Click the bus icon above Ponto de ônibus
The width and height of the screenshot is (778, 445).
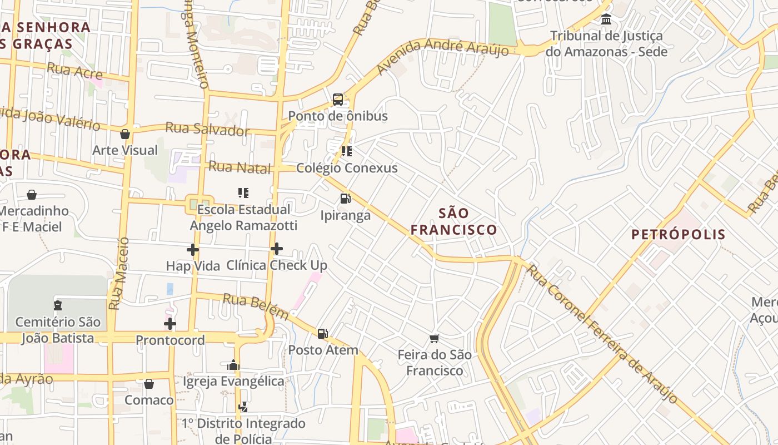pos(337,100)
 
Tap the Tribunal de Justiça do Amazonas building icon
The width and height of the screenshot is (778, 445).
pos(606,19)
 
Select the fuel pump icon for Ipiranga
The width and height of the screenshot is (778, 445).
pos(345,199)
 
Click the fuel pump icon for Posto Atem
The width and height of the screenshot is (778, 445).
pos(323,334)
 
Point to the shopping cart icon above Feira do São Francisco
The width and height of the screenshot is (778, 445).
pos(435,338)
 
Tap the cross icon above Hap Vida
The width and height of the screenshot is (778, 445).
pos(193,250)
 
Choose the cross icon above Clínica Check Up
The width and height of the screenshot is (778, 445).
pos(277,249)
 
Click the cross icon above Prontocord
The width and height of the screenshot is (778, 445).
pos(170,324)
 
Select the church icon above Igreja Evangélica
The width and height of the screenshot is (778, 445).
pos(233,365)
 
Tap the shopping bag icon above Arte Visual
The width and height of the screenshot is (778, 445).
pos(125,134)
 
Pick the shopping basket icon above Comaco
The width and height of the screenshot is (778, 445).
pos(149,384)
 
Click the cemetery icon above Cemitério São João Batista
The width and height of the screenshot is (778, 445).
pos(58,305)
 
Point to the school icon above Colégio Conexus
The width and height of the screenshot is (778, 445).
pos(347,151)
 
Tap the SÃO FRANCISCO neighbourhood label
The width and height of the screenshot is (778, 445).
pos(454,221)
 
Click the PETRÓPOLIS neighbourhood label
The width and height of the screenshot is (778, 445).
pos(679,234)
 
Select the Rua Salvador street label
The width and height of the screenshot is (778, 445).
pos(207,130)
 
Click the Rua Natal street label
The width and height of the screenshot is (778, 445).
pos(240,167)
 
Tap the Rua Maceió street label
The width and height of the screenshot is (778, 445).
pos(118,274)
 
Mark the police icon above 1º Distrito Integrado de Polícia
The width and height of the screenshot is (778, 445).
pos(243,407)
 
